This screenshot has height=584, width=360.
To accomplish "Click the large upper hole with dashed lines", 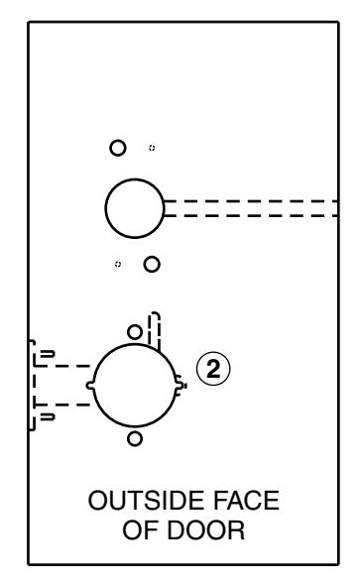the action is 134,207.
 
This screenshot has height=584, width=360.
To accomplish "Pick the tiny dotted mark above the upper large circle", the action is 151,148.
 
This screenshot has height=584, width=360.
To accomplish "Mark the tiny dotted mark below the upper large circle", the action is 118,265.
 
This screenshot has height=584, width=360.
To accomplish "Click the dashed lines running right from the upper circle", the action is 248,207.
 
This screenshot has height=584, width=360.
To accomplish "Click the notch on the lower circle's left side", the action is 90,384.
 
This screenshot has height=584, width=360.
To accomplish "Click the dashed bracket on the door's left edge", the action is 32,385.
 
